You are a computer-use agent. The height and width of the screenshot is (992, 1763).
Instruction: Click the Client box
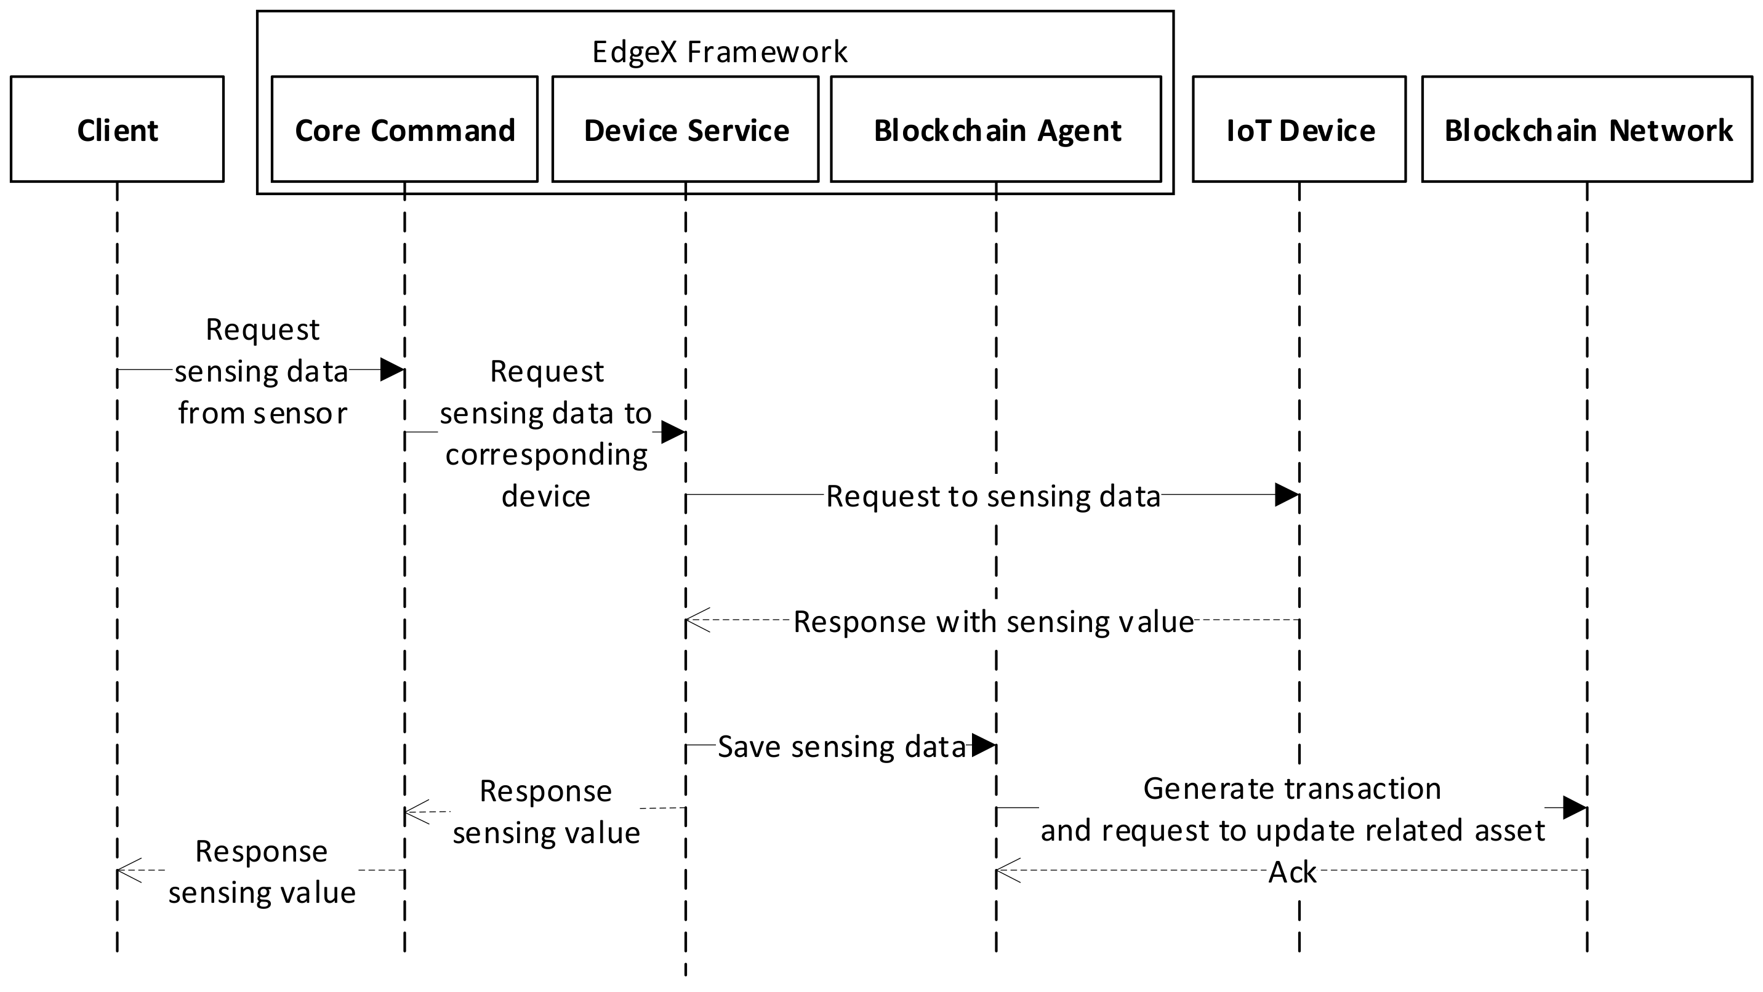pyautogui.click(x=117, y=129)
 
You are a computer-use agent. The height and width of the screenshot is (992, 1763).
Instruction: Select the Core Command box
pyautogui.click(x=404, y=129)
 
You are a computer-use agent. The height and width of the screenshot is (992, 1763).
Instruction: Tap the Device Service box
pyautogui.click(x=685, y=129)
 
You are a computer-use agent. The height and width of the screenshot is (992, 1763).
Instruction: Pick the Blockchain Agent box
pyautogui.click(x=996, y=129)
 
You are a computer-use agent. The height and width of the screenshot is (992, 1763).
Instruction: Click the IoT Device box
pyautogui.click(x=1299, y=129)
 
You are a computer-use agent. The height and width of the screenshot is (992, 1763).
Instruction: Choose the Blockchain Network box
pyautogui.click(x=1587, y=129)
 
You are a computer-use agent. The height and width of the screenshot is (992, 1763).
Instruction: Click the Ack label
pyautogui.click(x=1292, y=872)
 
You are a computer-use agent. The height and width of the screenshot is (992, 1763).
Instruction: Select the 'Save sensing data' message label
pyautogui.click(x=841, y=746)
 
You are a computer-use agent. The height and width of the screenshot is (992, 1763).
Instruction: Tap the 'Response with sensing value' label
pyautogui.click(x=993, y=621)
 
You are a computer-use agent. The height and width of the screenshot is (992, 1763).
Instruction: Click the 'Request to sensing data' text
pyautogui.click(x=993, y=496)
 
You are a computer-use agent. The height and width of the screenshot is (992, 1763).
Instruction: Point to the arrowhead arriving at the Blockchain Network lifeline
pyautogui.click(x=1575, y=808)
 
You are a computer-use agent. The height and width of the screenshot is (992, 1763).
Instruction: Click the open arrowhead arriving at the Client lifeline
pyautogui.click(x=129, y=870)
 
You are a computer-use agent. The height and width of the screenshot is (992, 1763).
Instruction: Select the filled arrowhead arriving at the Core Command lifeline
pyautogui.click(x=392, y=369)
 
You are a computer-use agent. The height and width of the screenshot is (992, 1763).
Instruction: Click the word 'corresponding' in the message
pyautogui.click(x=546, y=455)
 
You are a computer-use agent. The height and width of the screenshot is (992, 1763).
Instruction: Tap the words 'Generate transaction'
pyautogui.click(x=1292, y=789)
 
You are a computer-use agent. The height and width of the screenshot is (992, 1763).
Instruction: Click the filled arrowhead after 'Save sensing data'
pyautogui.click(x=984, y=745)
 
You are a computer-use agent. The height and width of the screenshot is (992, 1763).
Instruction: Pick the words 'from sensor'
pyautogui.click(x=263, y=413)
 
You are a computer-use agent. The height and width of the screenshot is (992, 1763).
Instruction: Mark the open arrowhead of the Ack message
pyautogui.click(x=1008, y=870)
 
